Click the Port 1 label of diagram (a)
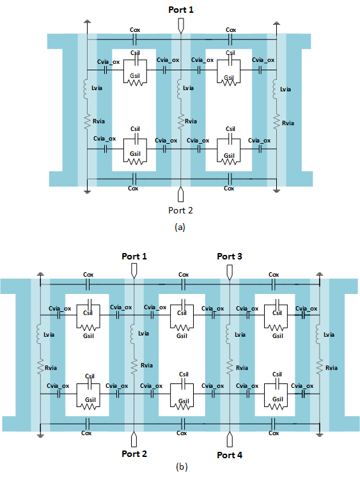pyautogui.click(x=181, y=10)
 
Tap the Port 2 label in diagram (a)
pyautogui.click(x=180, y=210)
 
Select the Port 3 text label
pyautogui.click(x=230, y=256)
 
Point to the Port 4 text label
pyautogui.click(x=230, y=455)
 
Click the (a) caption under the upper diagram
pyautogui.click(x=180, y=227)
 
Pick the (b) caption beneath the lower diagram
pyautogui.click(x=182, y=466)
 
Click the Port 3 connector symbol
pyautogui.click(x=230, y=272)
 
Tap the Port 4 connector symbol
pyautogui.click(x=230, y=439)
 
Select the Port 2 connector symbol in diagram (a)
pyautogui.click(x=180, y=194)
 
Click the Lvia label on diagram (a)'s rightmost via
pyautogui.click(x=285, y=89)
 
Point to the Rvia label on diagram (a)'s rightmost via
pyautogui.click(x=288, y=123)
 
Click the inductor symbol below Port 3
pyautogui.click(x=228, y=334)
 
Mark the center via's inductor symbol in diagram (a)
pyautogui.click(x=179, y=88)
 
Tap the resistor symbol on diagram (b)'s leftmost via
pyautogui.click(x=40, y=367)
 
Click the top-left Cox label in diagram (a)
pyautogui.click(x=135, y=30)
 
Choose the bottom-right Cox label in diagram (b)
pyautogui.click(x=273, y=433)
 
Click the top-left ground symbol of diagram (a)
pyautogui.click(x=87, y=22)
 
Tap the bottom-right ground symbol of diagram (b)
pyautogui.click(x=320, y=435)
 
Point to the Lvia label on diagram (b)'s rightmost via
pyautogui.click(x=329, y=335)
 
